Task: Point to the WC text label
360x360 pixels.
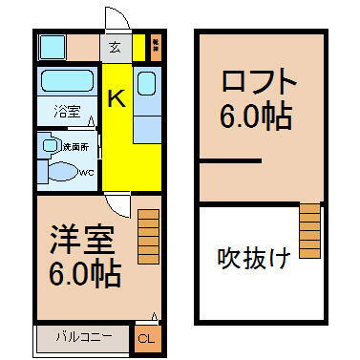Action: point(84,173)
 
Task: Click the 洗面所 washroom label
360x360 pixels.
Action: point(75,146)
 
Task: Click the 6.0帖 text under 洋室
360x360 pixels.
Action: point(85,274)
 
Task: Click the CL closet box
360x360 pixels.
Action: point(144,338)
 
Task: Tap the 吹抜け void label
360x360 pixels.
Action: point(253,258)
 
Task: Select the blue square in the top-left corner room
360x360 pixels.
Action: point(50,46)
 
